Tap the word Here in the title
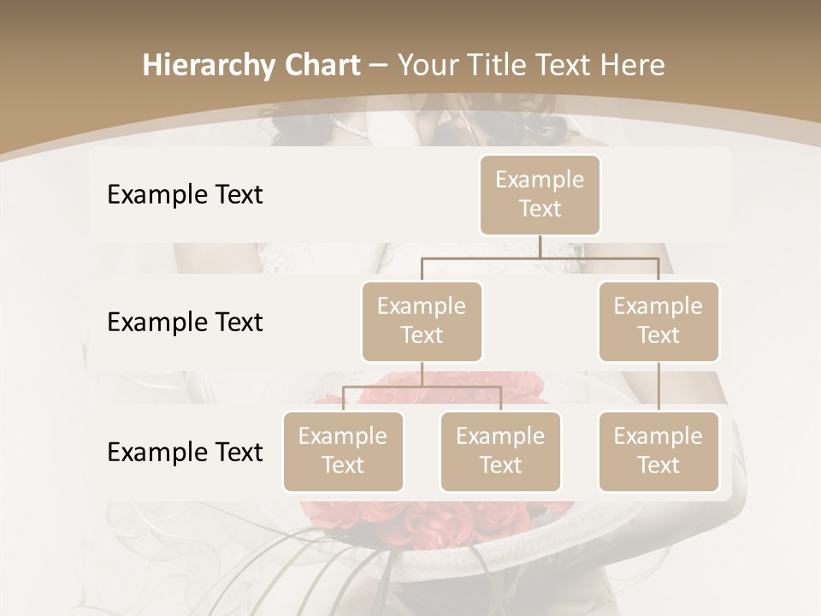pyautogui.click(x=633, y=66)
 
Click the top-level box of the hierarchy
pyautogui.click(x=540, y=195)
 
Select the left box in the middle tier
pyautogui.click(x=422, y=322)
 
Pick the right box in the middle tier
pyautogui.click(x=659, y=322)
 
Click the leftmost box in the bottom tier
pyautogui.click(x=343, y=452)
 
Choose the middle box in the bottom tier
pyautogui.click(x=500, y=452)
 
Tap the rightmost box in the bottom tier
pyautogui.click(x=659, y=452)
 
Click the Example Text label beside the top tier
pyautogui.click(x=185, y=195)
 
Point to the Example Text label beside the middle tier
pyautogui.click(x=185, y=323)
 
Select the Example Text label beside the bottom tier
pyautogui.click(x=185, y=453)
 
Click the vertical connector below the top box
pyautogui.click(x=540, y=246)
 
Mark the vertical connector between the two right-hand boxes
pyautogui.click(x=659, y=387)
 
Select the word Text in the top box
pyautogui.click(x=540, y=209)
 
